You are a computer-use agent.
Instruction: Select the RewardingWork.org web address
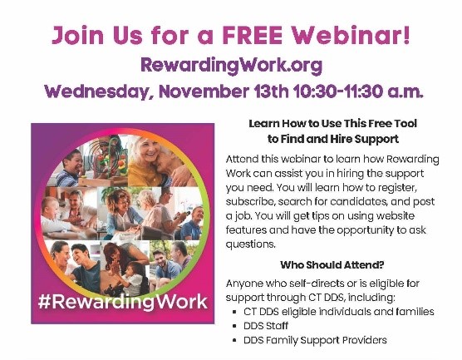pyautogui.click(x=229, y=64)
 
